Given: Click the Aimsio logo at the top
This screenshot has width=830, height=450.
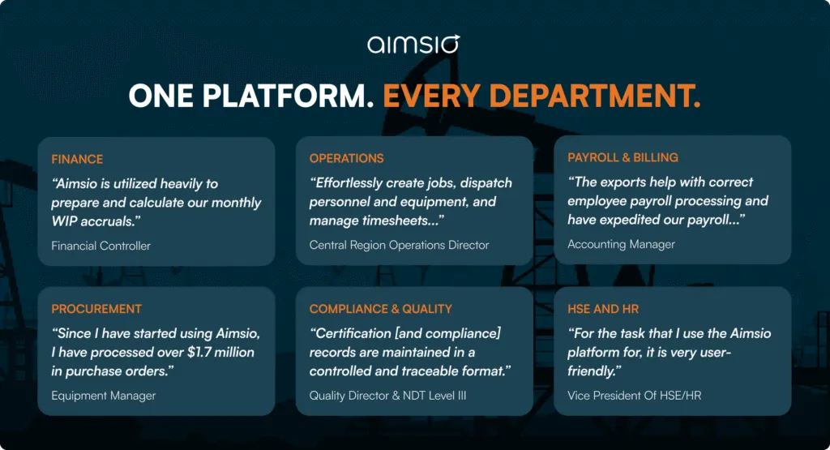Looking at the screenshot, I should point(413,44).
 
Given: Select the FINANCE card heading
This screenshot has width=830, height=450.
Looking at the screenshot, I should point(77,159).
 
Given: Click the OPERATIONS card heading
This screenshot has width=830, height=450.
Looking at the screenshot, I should point(346,158).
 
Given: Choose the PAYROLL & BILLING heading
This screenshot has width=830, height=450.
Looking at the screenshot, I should point(622,157).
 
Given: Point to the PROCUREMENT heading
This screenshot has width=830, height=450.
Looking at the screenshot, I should point(96,309).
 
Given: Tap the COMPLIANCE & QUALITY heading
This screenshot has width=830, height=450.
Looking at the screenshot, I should point(381,309).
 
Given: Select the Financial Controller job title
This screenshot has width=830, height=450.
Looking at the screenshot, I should point(101,246).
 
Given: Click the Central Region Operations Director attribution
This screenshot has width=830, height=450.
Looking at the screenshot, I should point(399,245).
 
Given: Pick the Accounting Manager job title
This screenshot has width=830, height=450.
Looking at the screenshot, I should point(621,244).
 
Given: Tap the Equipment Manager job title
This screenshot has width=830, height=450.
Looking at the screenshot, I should point(103,396).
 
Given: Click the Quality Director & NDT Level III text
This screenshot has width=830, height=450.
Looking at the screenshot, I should point(387,396).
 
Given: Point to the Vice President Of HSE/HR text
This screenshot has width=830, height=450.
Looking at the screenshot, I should point(630,395).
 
